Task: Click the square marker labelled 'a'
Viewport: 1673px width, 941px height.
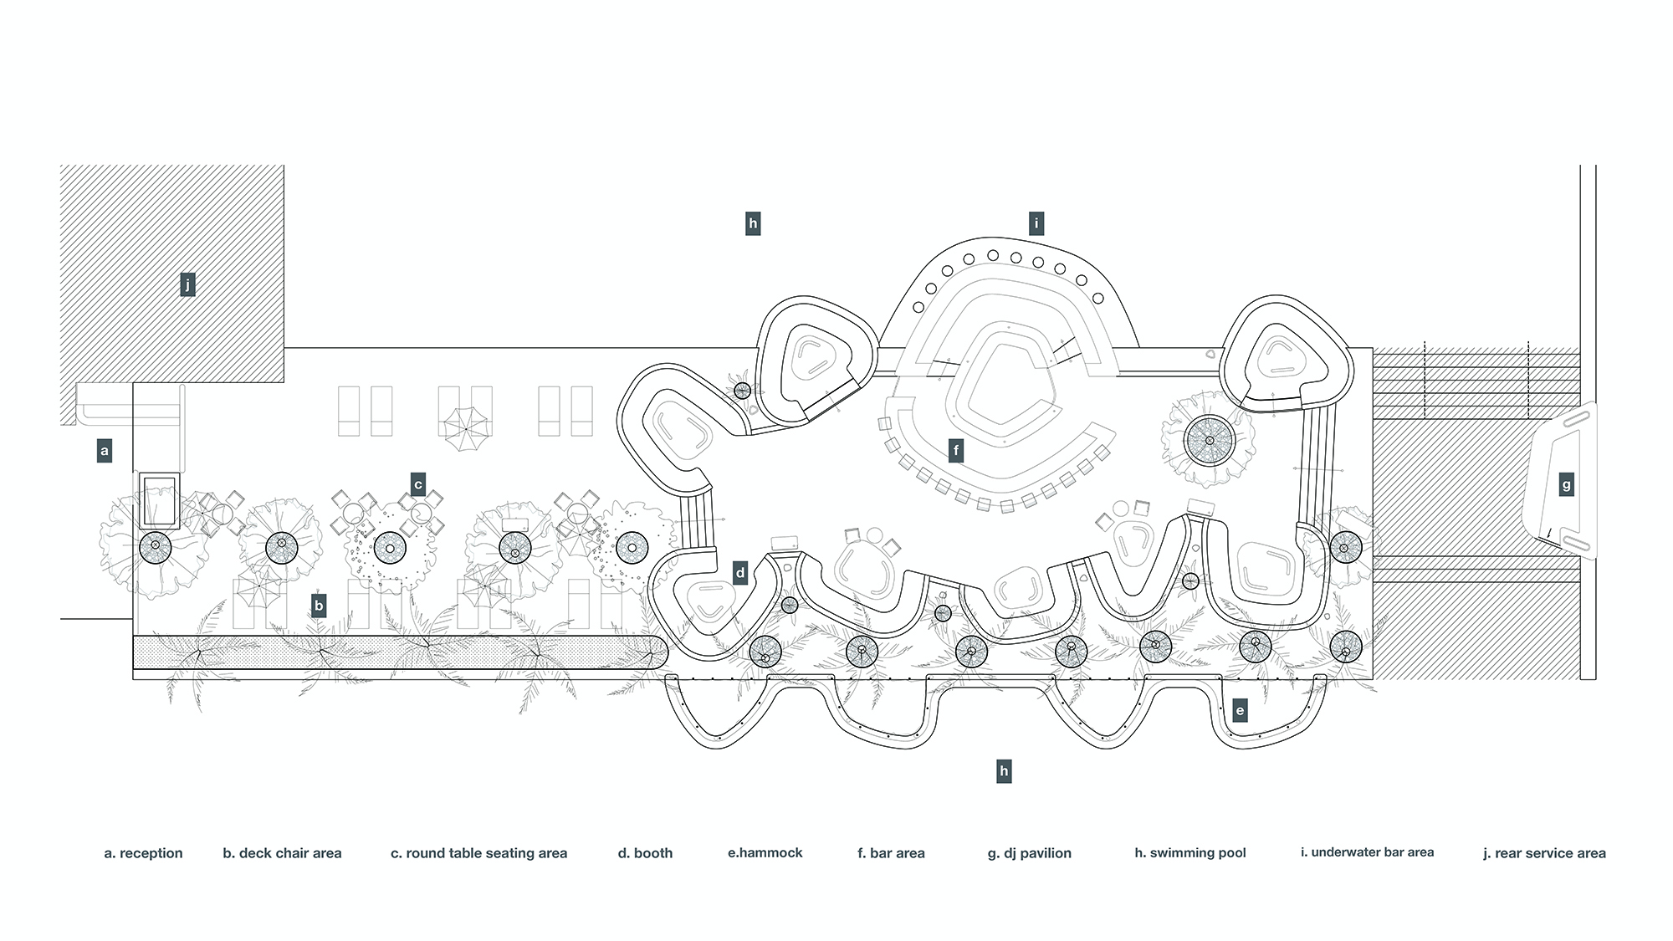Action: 105,452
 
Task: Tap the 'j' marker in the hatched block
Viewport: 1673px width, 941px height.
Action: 187,285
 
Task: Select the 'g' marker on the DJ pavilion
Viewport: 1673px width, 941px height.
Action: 1566,484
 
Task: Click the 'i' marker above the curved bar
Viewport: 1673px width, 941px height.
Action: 1037,223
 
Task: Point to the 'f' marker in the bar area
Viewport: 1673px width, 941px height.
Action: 956,452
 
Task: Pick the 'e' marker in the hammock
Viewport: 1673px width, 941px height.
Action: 1240,712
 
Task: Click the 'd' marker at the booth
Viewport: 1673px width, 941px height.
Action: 740,574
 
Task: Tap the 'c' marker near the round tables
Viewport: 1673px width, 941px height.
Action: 418,483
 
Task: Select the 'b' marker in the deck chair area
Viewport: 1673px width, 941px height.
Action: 318,606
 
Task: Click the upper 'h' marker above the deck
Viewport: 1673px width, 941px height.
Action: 753,223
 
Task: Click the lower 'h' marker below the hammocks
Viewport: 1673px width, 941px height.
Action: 1004,771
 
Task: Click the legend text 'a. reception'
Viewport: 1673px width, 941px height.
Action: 143,853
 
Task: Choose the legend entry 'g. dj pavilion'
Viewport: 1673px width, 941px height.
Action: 1029,853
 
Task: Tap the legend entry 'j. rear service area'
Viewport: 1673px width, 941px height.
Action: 1544,853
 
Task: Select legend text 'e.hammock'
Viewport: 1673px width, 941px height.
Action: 765,852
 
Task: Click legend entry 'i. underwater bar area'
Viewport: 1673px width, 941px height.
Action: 1367,852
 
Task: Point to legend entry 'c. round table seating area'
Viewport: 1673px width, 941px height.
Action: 478,853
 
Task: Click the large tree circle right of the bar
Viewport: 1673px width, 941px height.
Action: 1209,440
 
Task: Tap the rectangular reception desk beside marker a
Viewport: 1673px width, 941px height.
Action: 158,500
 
